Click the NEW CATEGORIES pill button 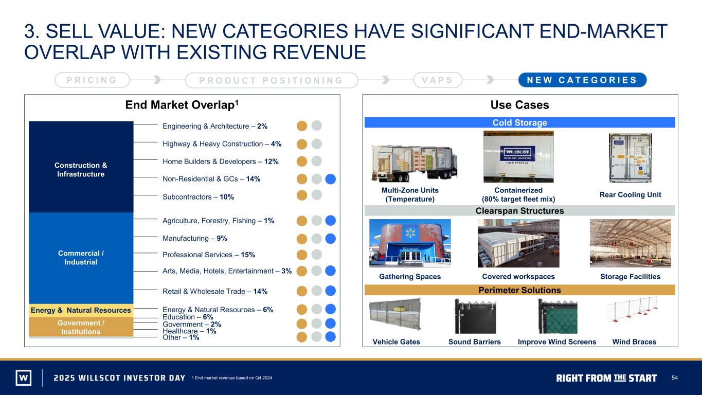coord(582,80)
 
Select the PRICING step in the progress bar coord(92,80)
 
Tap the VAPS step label coord(438,80)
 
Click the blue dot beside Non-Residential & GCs coord(330,179)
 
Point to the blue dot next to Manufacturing coord(330,239)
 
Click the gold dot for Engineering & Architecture coord(302,125)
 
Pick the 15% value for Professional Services coord(248,255)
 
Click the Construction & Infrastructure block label coord(81,170)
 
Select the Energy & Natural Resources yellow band coord(81,310)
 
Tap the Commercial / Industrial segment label coord(81,258)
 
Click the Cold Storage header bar coord(519,122)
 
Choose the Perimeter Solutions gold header coord(519,290)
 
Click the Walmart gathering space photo coord(410,243)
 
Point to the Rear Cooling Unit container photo coord(630,158)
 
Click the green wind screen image coord(558,316)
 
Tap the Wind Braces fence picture coord(633,310)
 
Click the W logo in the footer coord(24,378)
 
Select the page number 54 coord(674,378)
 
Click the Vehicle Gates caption coord(396,342)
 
